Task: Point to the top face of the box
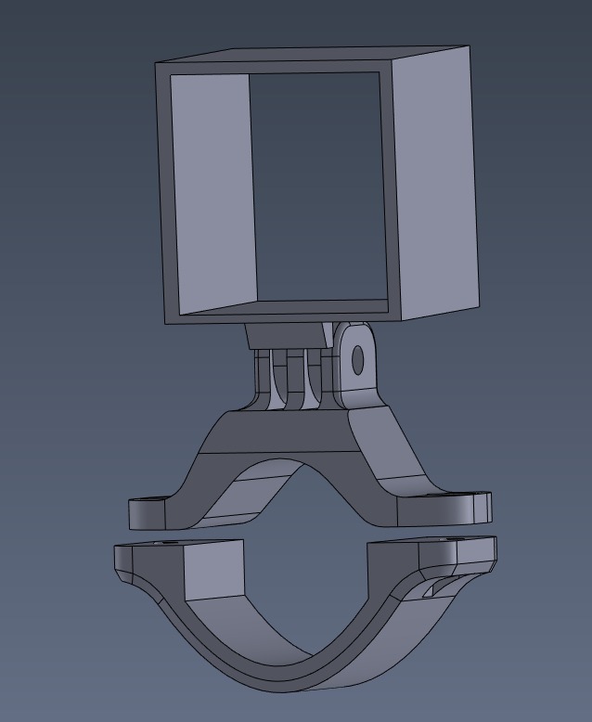click(315, 55)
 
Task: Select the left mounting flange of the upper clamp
click(153, 511)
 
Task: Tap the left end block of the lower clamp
click(213, 568)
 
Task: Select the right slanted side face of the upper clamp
click(390, 455)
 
